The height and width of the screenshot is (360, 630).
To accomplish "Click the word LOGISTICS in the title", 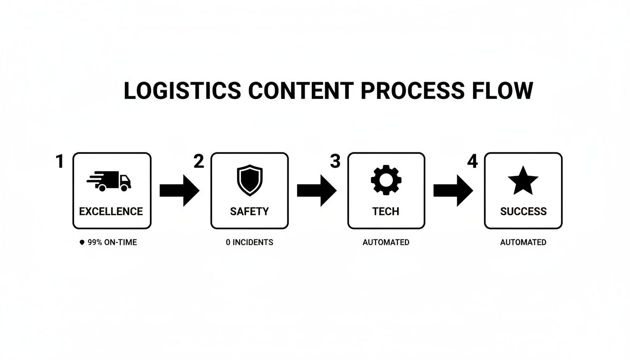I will click(x=182, y=90).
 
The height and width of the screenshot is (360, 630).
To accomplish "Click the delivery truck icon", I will click(x=109, y=181).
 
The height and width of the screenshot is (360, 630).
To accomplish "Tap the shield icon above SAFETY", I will click(x=249, y=180).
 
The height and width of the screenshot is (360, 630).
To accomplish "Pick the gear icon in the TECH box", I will click(x=386, y=180).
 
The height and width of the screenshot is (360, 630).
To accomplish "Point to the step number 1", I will click(x=59, y=162).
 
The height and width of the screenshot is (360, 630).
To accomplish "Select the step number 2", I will click(x=199, y=162).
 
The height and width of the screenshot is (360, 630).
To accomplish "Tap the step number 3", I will click(x=335, y=162).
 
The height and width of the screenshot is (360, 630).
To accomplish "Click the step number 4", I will click(x=472, y=162).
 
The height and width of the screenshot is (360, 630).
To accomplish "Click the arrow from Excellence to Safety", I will click(x=180, y=190).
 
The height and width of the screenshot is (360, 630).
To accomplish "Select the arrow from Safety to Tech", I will click(x=316, y=190).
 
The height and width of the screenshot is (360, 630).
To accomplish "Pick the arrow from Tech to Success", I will click(x=453, y=190).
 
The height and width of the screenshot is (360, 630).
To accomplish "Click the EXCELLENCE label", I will click(x=111, y=211).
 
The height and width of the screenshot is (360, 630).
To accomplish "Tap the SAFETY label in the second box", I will click(x=249, y=211).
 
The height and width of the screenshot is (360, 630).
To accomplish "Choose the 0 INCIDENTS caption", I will click(x=249, y=242).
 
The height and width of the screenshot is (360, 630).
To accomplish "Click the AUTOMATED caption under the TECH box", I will click(x=386, y=242).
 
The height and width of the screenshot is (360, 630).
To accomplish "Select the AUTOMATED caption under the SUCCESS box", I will click(x=523, y=242).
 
